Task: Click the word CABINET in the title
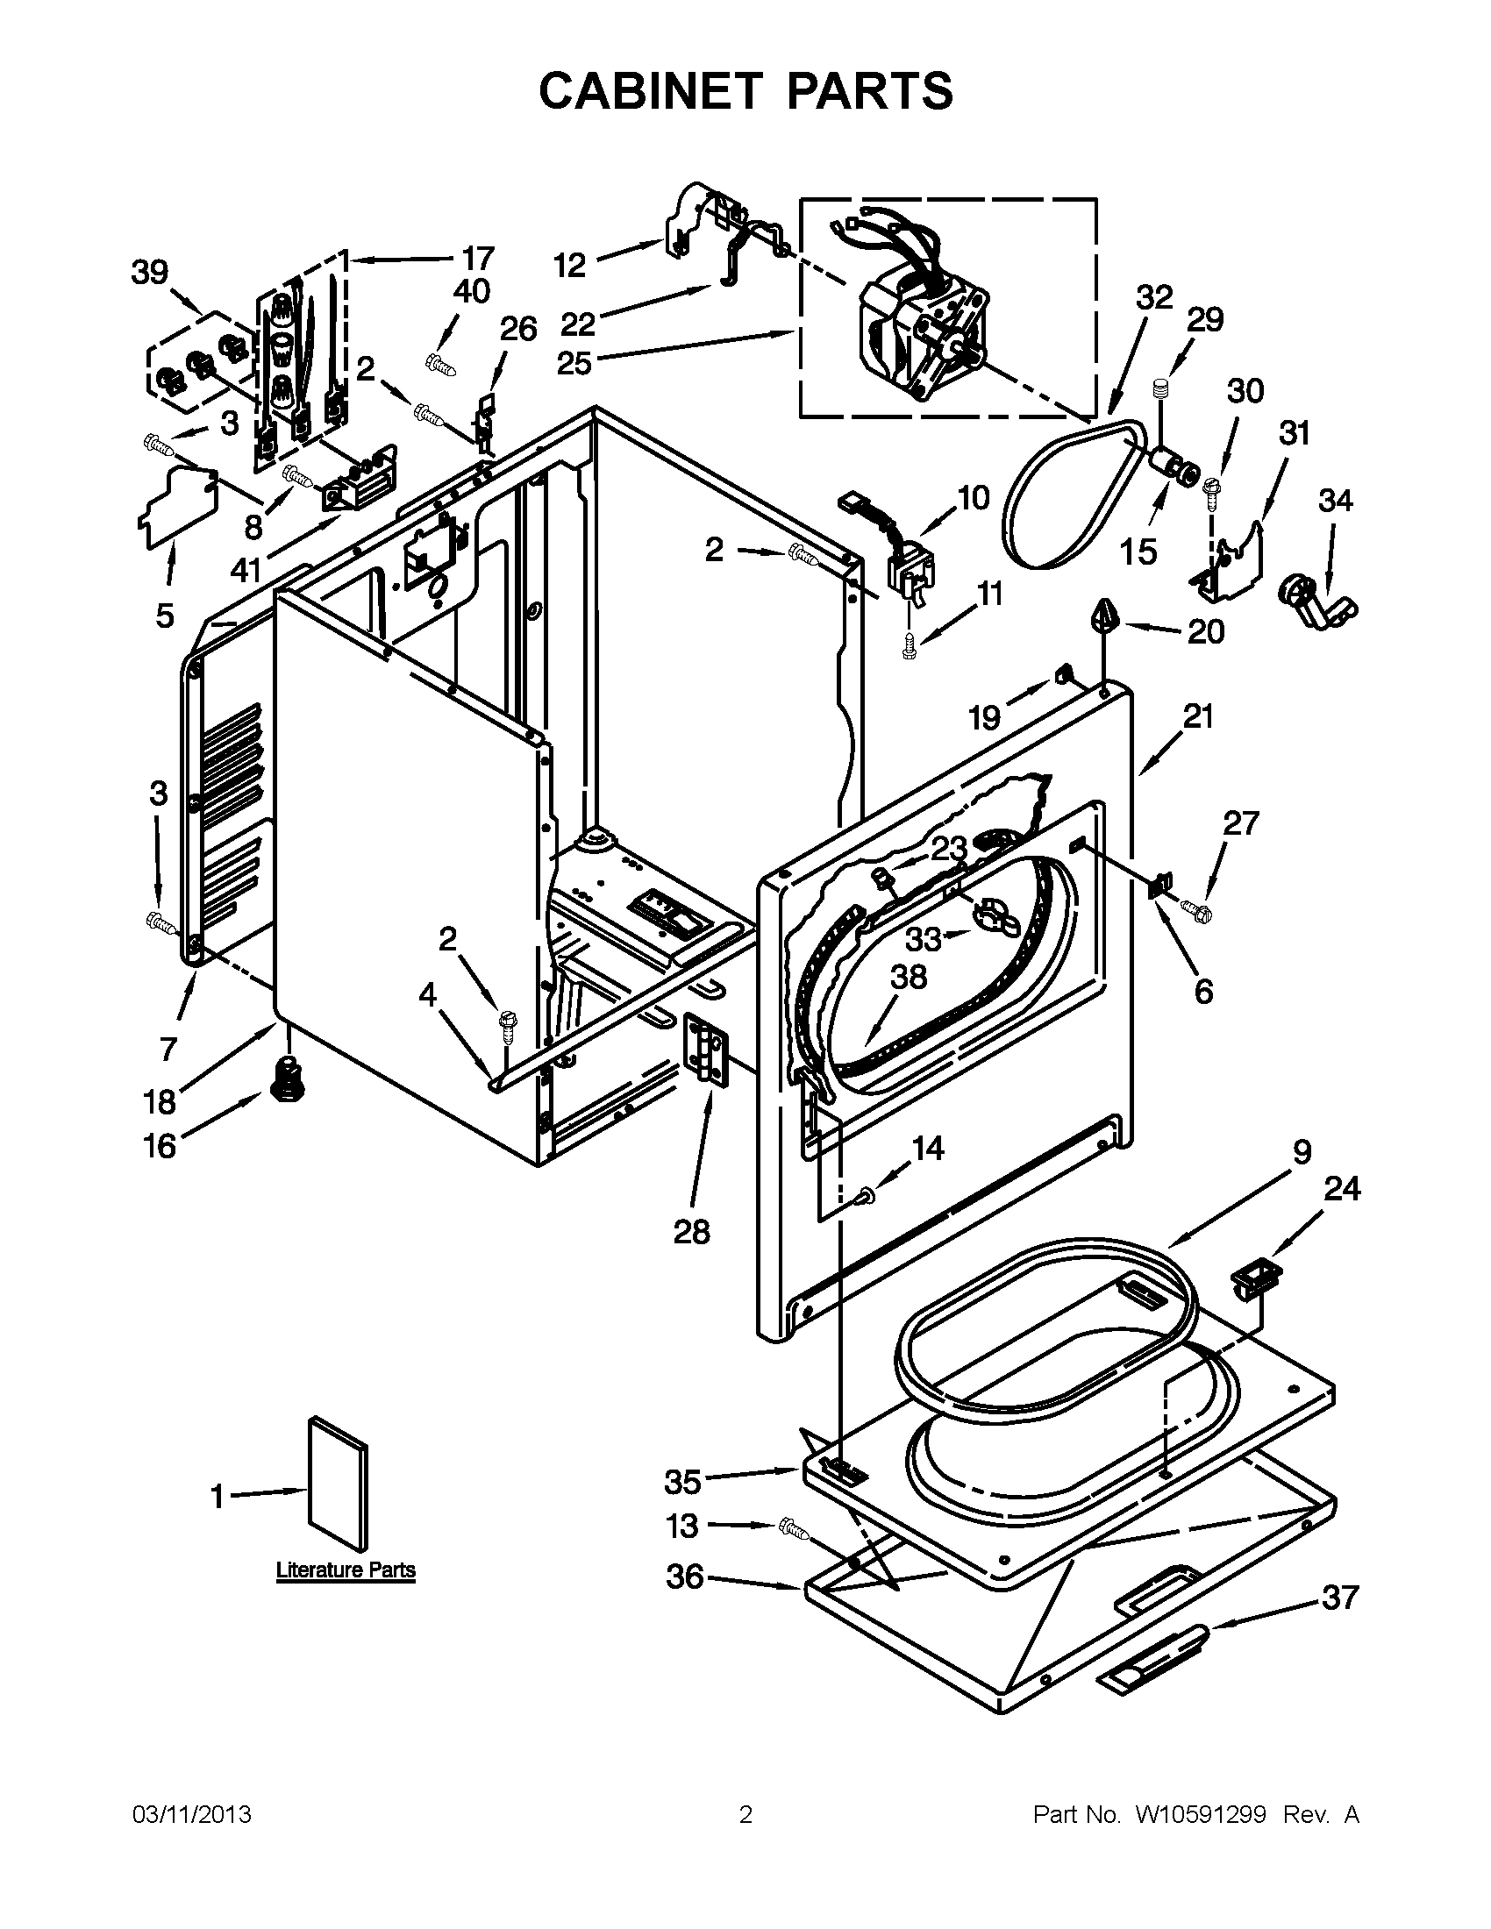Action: tap(649, 91)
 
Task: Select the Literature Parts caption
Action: tap(346, 1570)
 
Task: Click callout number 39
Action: tap(149, 273)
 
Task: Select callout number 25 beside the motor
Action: tap(574, 362)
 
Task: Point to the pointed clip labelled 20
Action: tap(1104, 615)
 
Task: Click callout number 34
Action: tap(1335, 501)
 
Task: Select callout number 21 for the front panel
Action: tap(1198, 715)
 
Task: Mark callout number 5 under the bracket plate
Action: tap(165, 616)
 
